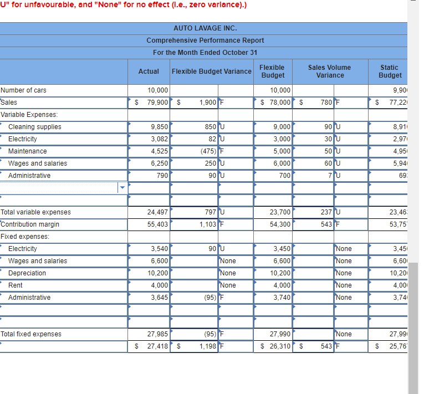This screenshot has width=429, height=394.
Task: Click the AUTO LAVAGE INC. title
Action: pyautogui.click(x=205, y=28)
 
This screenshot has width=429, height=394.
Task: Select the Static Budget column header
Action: pyautogui.click(x=390, y=71)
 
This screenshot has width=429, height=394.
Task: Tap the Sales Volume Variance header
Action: pyautogui.click(x=329, y=71)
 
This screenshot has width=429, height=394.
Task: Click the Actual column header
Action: pyautogui.click(x=149, y=71)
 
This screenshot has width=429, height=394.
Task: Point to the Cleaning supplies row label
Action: pyautogui.click(x=35, y=127)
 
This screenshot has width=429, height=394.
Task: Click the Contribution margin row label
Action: pyautogui.click(x=30, y=224)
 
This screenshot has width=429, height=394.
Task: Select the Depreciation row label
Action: pyautogui.click(x=27, y=273)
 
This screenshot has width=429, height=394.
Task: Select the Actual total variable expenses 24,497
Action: pyautogui.click(x=157, y=212)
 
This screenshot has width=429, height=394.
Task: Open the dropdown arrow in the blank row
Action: pyautogui.click(x=122, y=188)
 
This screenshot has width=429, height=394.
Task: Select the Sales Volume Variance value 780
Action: pyautogui.click(x=326, y=103)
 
